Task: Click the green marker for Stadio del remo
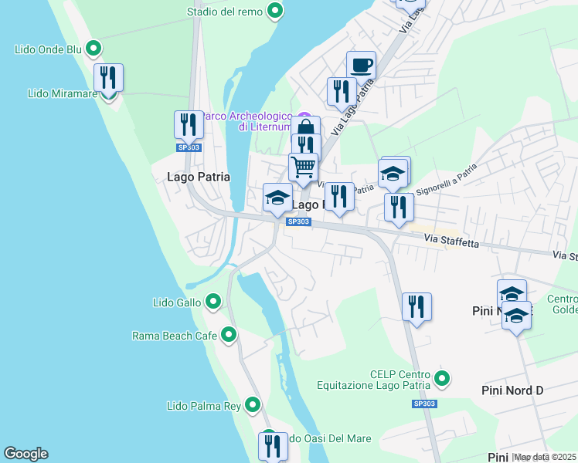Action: coord(274,11)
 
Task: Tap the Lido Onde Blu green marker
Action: coord(93,49)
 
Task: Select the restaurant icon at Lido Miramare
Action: coord(108,78)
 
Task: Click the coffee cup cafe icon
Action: coord(361,65)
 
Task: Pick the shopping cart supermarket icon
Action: coord(303,167)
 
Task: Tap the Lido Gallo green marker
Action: coord(213,302)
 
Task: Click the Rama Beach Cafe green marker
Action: coord(229,335)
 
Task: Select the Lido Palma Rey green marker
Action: coord(253,405)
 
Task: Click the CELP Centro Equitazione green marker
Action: coord(442,378)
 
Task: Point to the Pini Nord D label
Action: coord(512,390)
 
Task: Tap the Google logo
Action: coord(25,454)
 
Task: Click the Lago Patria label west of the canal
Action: coord(199,177)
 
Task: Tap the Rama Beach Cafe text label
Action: coord(175,336)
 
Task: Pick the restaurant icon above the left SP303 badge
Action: coord(187,125)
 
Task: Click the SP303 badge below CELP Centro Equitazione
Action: coord(424,404)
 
